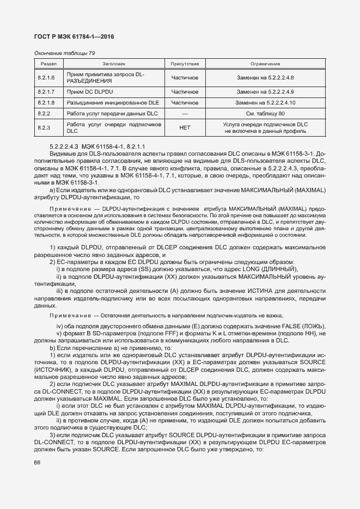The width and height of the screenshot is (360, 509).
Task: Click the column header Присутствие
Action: (185, 64)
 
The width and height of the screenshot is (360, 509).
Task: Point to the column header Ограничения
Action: (265, 64)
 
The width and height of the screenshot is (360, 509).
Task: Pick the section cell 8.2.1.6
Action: (46, 77)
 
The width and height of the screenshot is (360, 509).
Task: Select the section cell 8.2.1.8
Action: (46, 102)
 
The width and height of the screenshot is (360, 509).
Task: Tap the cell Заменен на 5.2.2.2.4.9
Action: (265, 91)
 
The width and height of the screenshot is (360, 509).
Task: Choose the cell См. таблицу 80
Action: (265, 114)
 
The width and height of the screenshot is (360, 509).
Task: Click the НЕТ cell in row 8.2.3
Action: (185, 128)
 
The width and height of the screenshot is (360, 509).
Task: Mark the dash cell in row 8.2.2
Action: (185, 114)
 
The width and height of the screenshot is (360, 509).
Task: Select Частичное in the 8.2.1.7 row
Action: (185, 91)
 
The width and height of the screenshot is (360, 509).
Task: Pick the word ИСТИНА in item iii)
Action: (247, 291)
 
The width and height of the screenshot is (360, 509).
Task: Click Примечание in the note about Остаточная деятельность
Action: (70, 316)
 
